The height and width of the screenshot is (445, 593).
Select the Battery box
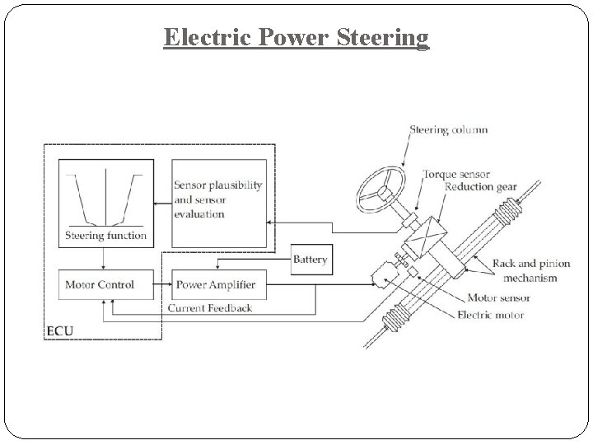point(311,260)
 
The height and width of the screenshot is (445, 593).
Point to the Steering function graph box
point(105,202)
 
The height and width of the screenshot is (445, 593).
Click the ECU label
point(59,331)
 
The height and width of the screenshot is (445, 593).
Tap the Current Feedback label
point(210,308)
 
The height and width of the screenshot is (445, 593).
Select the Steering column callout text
point(448,129)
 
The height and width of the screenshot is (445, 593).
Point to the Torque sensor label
point(455,174)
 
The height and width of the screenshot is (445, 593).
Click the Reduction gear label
point(480,187)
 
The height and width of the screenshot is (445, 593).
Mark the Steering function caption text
point(105,236)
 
